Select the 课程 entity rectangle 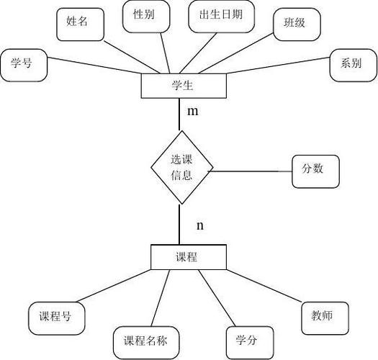coord(186,256)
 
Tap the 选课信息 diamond coord(181,167)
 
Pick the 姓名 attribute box coord(78,23)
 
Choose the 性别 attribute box coord(145,15)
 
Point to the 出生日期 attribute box coord(217,17)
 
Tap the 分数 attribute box coord(312,171)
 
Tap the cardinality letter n coord(200,225)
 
